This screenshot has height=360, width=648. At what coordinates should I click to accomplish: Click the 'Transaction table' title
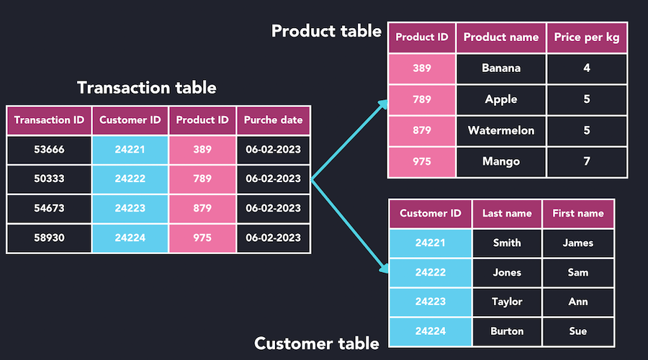pos(146,88)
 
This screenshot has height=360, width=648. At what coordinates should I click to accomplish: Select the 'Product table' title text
pos(326,31)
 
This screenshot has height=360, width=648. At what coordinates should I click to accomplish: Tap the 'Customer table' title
pos(317,343)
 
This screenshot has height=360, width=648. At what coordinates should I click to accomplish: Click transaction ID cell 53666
pos(49,150)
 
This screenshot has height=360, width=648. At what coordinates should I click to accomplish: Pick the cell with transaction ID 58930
pos(49,238)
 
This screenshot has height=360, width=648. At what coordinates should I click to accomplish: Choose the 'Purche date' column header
pos(273,120)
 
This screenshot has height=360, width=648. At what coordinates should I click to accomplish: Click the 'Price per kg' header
pos(586,37)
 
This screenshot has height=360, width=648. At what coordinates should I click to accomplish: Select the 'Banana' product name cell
pos(501,68)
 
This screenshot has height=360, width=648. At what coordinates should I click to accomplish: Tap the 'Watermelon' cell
pos(501,130)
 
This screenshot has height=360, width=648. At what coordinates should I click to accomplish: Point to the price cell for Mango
pos(586,161)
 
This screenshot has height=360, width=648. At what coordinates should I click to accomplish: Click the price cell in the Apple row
pos(586,99)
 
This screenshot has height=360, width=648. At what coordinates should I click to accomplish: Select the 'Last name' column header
pos(507,213)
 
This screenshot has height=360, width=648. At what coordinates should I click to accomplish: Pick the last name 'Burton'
pos(507,331)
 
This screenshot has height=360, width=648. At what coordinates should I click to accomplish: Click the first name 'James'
pos(577,243)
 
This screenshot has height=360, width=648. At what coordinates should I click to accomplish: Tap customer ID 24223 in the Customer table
pos(431,302)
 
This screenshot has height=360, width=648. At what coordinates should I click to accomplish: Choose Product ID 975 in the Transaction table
pos(202,238)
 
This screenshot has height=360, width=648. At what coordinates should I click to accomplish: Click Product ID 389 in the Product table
pos(422,68)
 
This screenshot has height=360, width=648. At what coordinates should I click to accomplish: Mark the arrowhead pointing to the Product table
pos(383,105)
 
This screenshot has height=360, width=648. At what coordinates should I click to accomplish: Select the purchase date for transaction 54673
pos(273,208)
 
